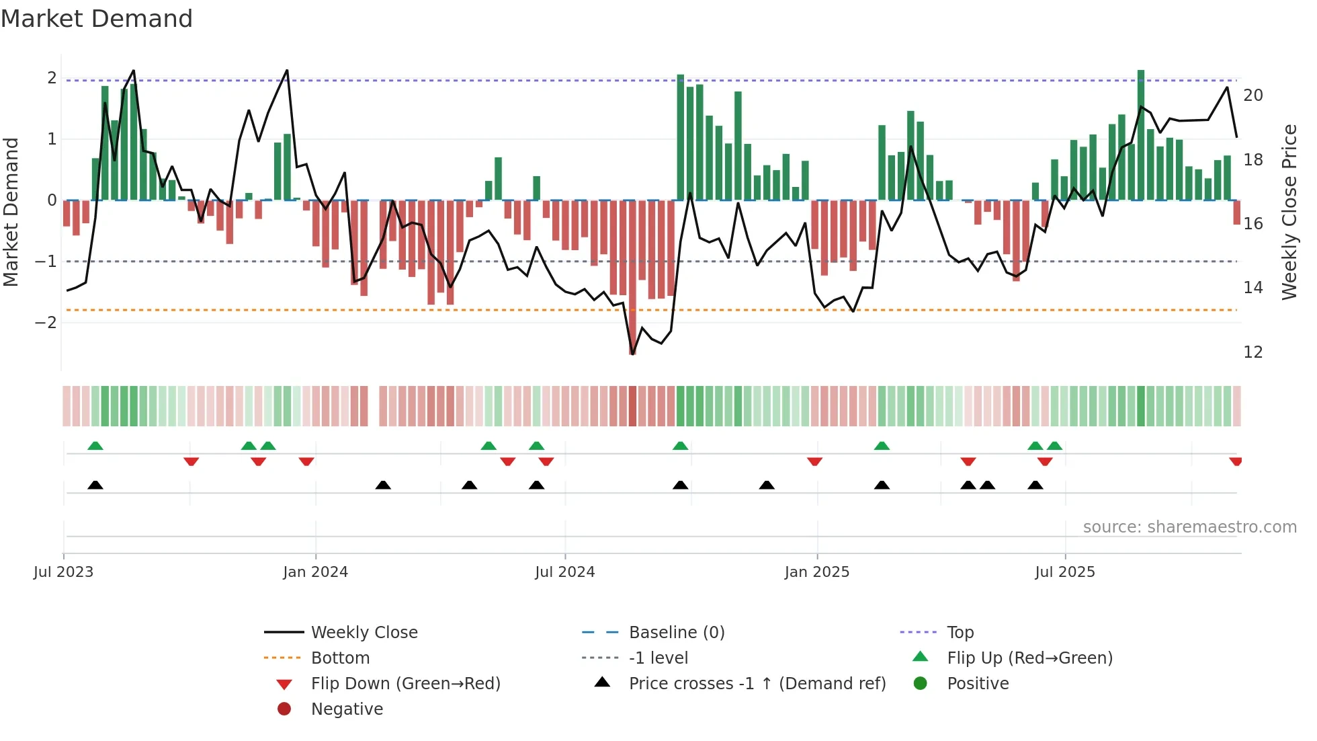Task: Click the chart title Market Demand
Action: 97,19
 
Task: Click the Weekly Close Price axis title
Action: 1289,212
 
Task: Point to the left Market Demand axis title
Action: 11,212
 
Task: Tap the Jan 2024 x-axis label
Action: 315,572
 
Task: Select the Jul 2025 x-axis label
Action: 1064,572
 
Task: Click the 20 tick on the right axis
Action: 1252,95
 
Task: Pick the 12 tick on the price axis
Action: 1252,352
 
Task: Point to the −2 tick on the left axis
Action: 46,323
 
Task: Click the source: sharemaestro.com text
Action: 1189,527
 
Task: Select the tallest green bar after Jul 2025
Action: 1141,134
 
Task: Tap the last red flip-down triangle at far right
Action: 1236,461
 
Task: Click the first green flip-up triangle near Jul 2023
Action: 95,446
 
